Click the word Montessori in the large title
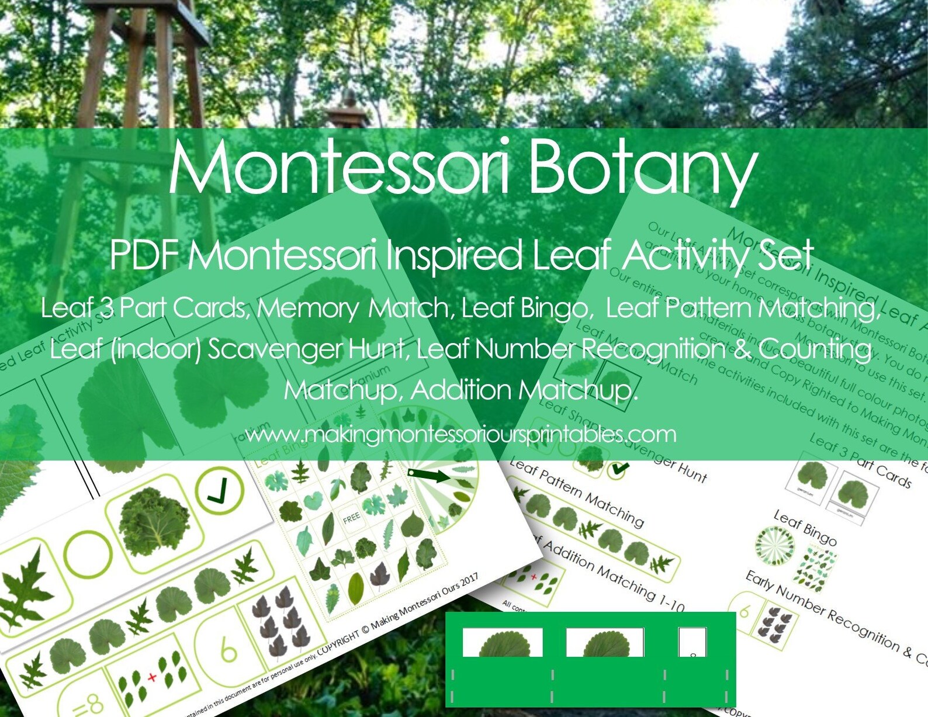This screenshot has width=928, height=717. [x=340, y=167]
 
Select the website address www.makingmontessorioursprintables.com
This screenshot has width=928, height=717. [x=460, y=434]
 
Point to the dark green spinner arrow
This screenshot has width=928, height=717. [x=430, y=474]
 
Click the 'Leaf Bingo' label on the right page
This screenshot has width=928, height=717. [x=805, y=527]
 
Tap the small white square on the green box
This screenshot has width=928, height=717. [x=692, y=642]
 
